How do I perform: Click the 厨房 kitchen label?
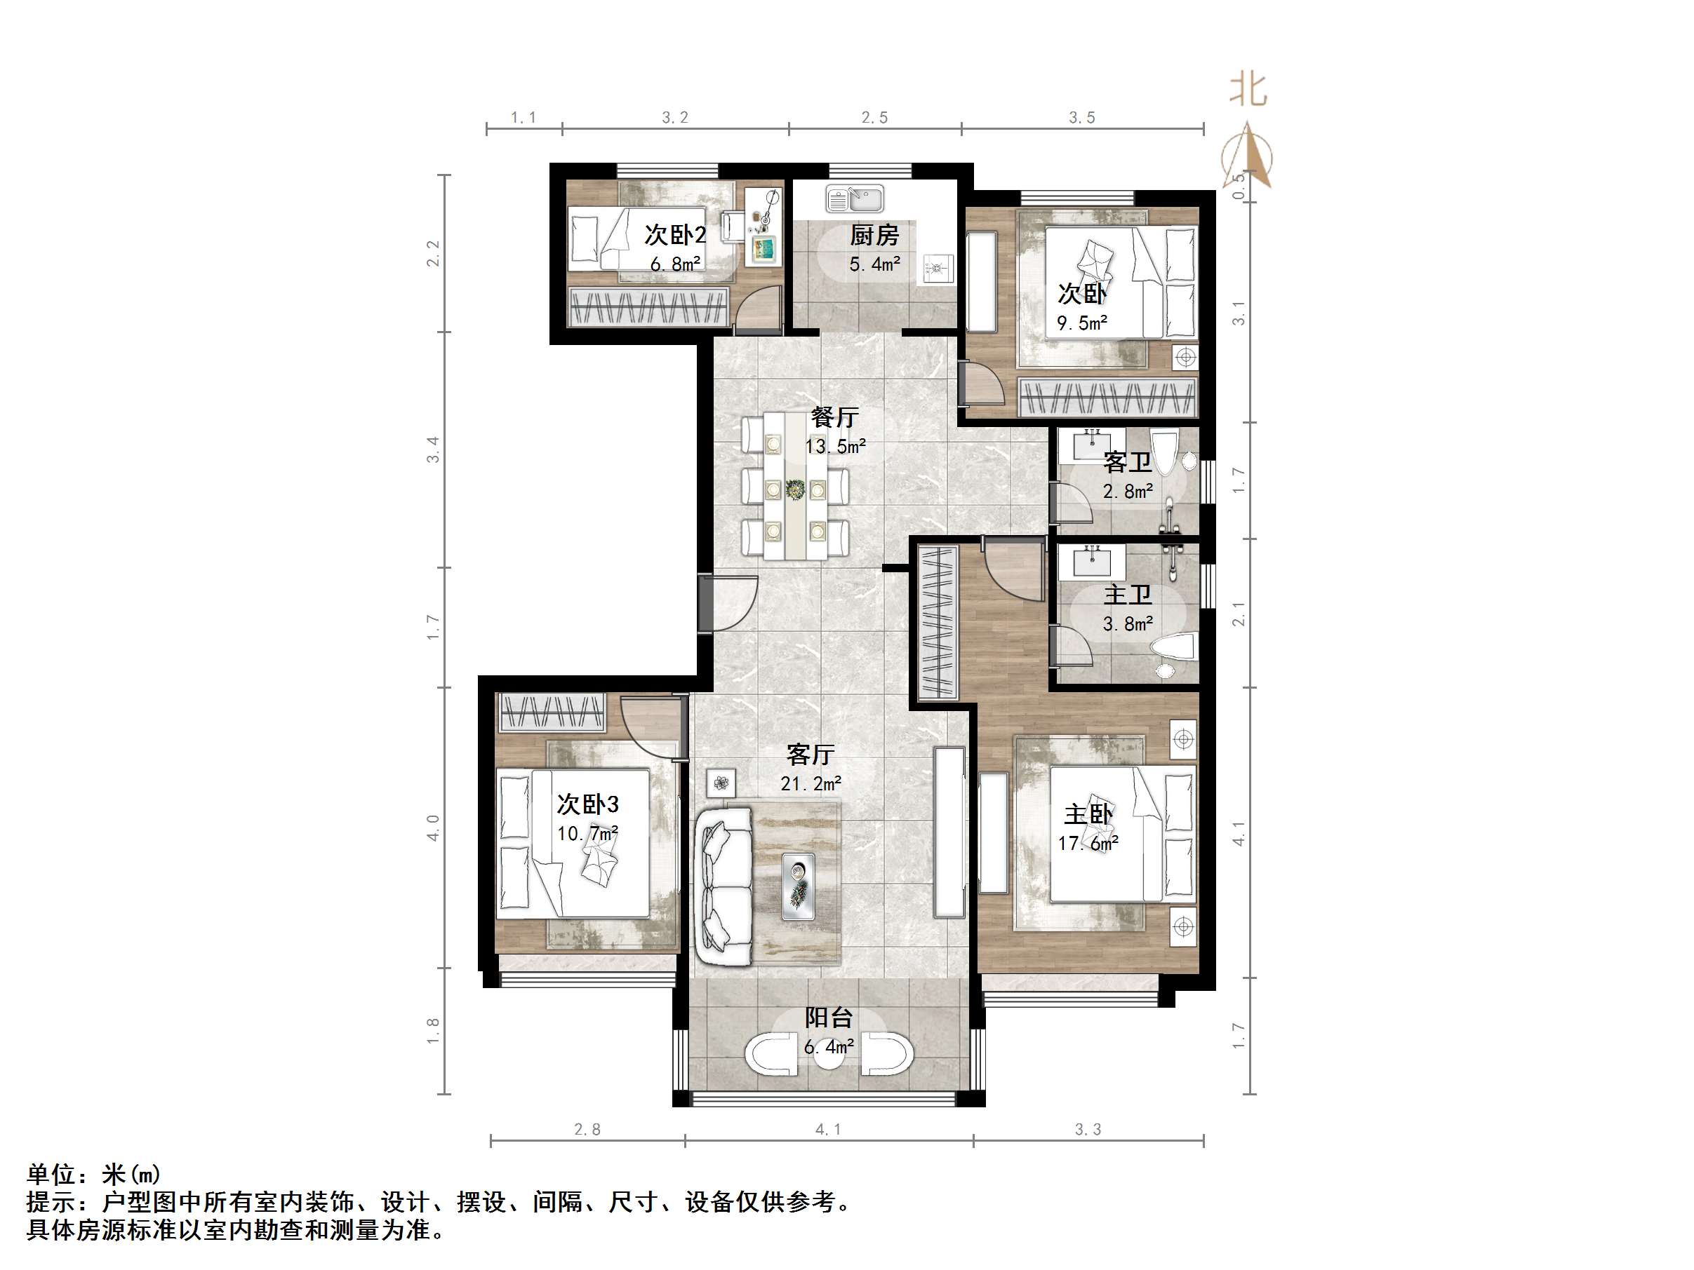tap(874, 234)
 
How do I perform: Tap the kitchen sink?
tap(855, 200)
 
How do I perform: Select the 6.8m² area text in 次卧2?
tap(674, 264)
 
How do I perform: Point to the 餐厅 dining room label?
tap(835, 417)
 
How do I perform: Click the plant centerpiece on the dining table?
tap(795, 488)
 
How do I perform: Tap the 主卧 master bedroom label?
tap(1088, 813)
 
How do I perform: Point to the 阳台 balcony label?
tap(829, 1018)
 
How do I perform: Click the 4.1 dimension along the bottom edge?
tap(828, 1129)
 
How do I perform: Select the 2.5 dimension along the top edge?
tap(874, 117)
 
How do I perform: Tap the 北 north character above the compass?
tap(1248, 90)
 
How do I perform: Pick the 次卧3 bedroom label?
tap(587, 804)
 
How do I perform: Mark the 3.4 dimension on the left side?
tap(434, 450)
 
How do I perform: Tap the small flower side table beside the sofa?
tap(721, 783)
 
